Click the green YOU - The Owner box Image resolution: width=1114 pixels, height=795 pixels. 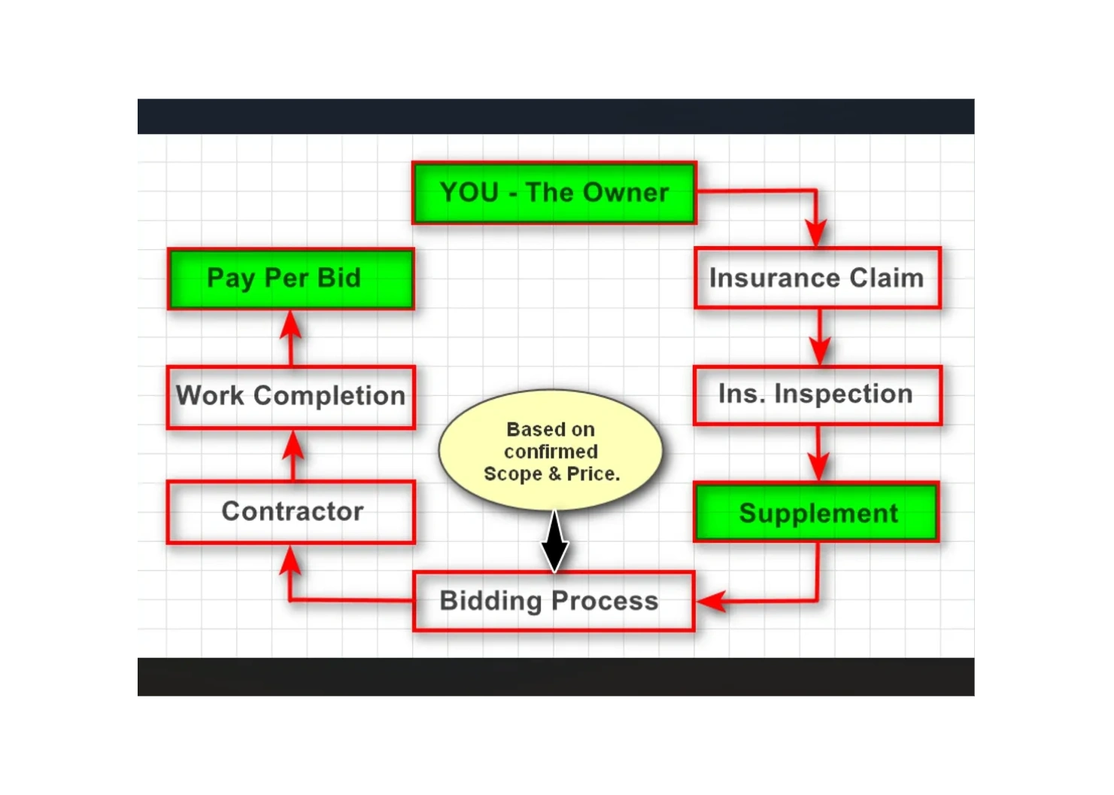[554, 193]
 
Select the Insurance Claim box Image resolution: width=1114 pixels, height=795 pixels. [817, 278]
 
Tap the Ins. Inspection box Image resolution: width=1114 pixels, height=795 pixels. [817, 394]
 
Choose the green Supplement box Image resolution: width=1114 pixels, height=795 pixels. [817, 513]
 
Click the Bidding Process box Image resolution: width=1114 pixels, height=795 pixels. [553, 601]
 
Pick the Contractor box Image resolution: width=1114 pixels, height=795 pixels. [291, 512]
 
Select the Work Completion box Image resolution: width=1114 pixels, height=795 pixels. [291, 396]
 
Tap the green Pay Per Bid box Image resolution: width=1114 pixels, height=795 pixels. [291, 279]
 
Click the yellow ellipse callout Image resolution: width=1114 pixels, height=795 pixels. [551, 450]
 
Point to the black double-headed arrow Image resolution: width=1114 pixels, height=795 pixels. [555, 542]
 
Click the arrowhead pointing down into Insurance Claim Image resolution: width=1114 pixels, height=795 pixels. [816, 232]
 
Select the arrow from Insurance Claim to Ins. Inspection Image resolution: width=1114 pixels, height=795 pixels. [819, 338]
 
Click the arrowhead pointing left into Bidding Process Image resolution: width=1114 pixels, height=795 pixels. [711, 601]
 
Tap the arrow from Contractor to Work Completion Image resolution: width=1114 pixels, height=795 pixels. [293, 455]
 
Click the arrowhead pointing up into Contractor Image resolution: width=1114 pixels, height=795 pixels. [290, 561]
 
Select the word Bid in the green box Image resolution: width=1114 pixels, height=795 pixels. [338, 278]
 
